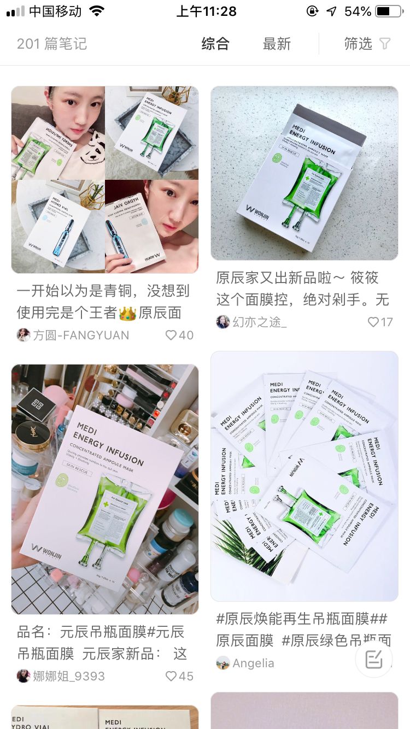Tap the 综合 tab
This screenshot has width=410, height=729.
coord(215,44)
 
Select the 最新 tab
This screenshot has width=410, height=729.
coord(277,44)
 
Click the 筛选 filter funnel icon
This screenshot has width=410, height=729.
coord(385,44)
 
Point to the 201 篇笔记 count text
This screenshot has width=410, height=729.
coord(52,44)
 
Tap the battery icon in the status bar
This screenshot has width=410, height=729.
coord(389,11)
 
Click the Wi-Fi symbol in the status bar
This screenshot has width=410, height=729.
coord(97,11)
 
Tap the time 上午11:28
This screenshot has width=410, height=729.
coord(206,11)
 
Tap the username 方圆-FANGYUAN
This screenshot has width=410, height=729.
coord(81,335)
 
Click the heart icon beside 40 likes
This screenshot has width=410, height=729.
coord(171,335)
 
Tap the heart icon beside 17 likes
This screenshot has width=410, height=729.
coord(373,322)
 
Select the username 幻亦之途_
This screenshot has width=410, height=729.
coord(260,322)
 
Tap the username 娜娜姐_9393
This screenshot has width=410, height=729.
coord(69,676)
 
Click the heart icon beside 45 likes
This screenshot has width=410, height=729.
coord(171,676)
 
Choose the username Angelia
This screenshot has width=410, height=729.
coord(253,663)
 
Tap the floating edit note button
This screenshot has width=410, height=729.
coord(374,659)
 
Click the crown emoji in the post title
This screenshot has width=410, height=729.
coord(127,313)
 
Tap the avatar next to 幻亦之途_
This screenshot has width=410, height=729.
coord(222,322)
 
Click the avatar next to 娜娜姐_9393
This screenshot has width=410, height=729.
coord(24,676)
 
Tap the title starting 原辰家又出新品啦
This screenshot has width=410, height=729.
coord(297,278)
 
